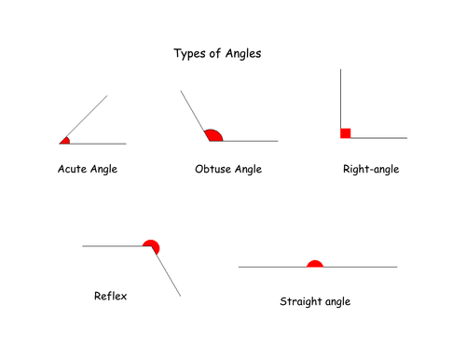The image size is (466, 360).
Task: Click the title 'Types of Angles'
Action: (x=218, y=54)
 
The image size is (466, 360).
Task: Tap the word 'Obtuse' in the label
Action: (x=212, y=170)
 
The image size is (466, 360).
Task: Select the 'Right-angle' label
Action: (x=371, y=170)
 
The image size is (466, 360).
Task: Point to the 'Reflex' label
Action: (x=110, y=297)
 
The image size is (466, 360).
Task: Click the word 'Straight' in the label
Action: (x=300, y=302)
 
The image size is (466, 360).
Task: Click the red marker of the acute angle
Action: (x=64, y=141)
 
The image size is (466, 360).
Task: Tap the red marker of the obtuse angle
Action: (x=214, y=136)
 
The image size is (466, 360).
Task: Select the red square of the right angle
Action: (x=346, y=133)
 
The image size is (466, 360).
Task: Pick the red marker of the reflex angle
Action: (x=152, y=246)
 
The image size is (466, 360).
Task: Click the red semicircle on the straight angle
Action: (x=315, y=264)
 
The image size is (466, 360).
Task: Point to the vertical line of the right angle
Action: (x=342, y=98)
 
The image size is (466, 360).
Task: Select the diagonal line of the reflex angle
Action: (x=168, y=275)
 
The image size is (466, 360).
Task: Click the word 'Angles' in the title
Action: (x=242, y=54)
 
